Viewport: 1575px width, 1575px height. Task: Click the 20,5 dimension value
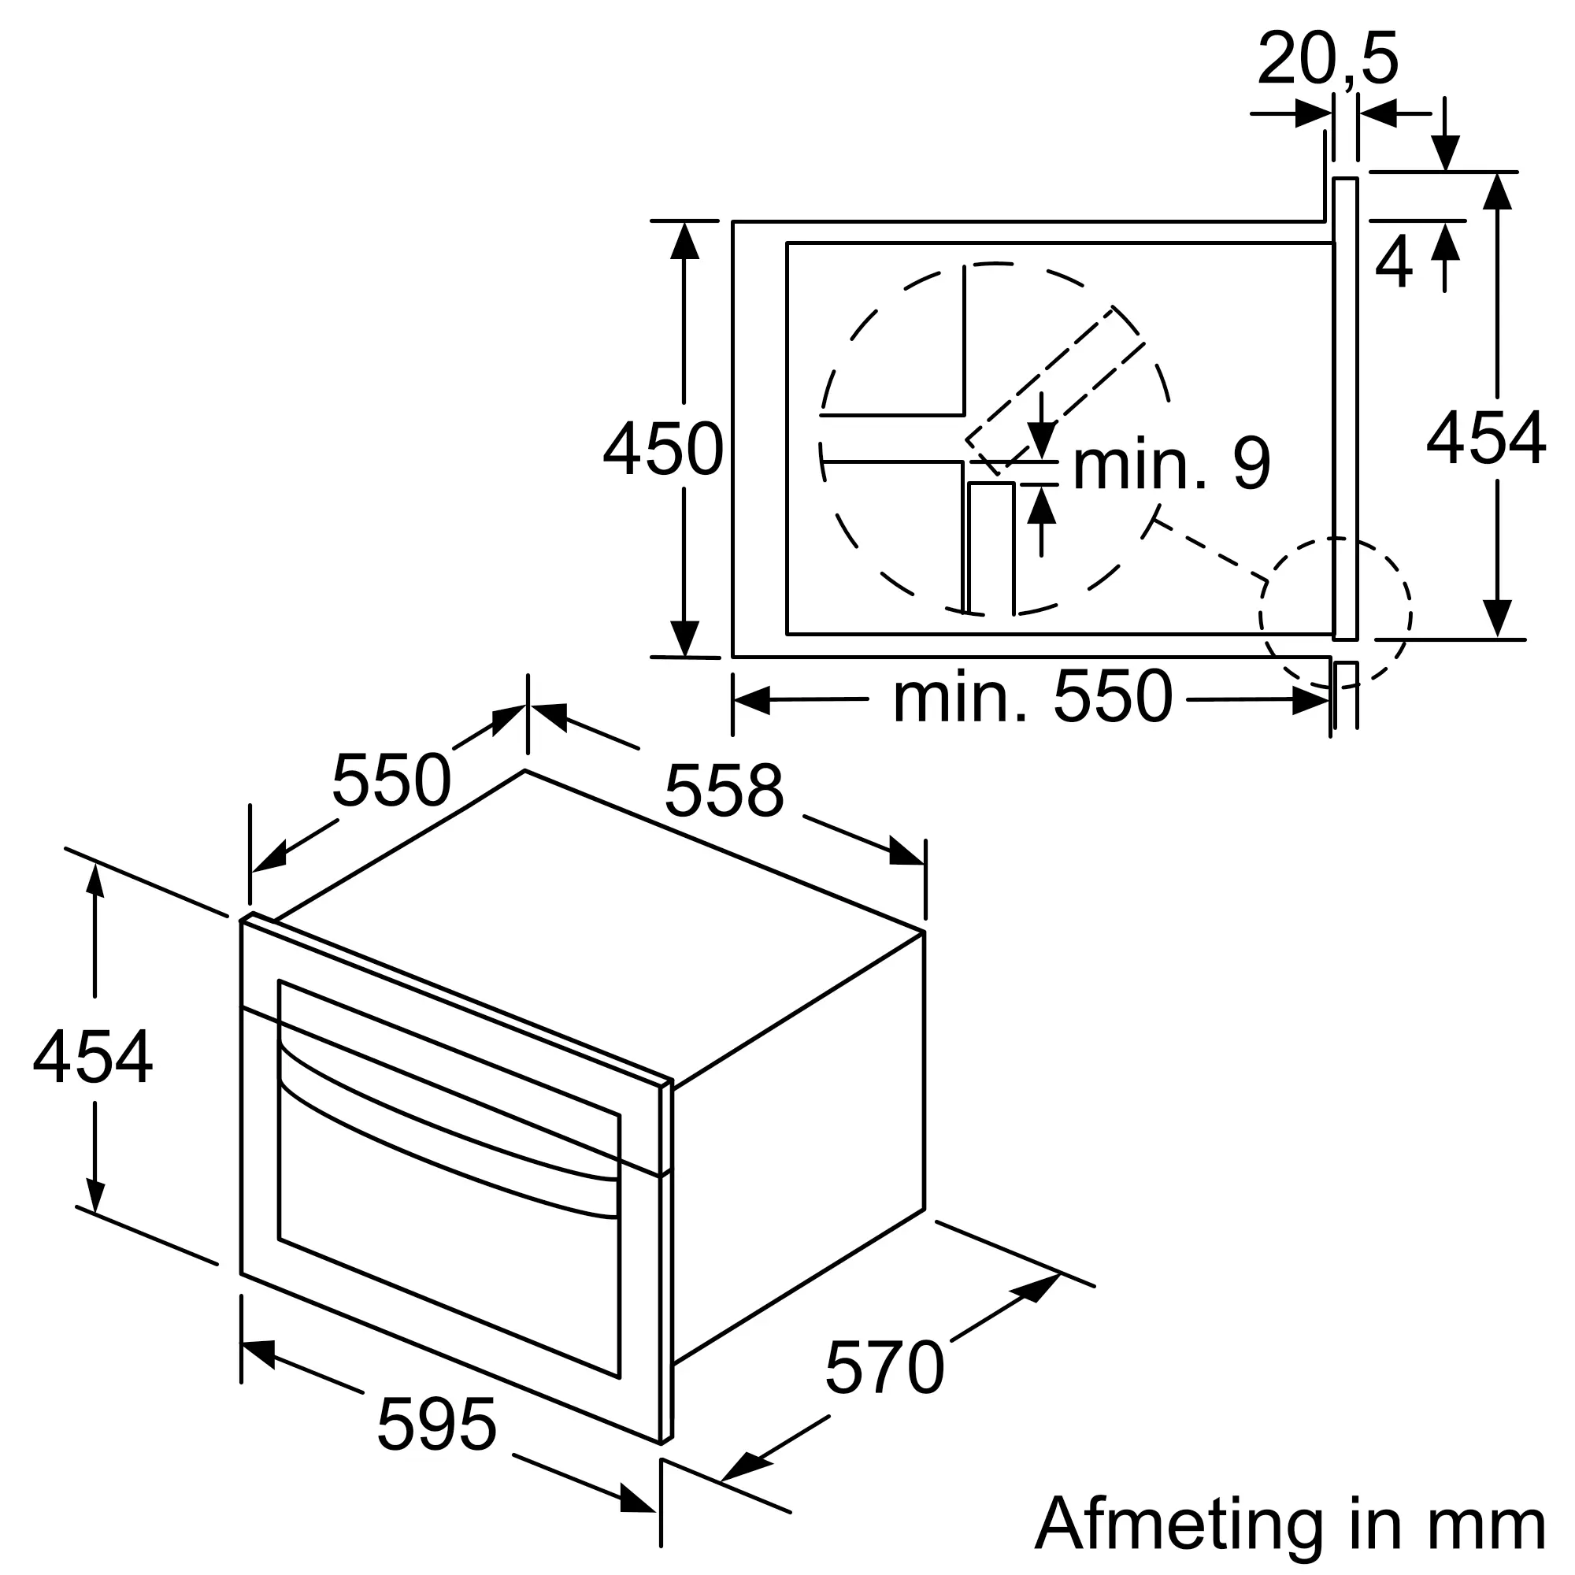click(x=1327, y=59)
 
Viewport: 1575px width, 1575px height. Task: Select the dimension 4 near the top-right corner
click(x=1393, y=262)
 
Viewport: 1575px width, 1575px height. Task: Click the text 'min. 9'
click(x=1171, y=465)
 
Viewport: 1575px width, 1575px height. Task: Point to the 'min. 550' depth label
click(x=1032, y=697)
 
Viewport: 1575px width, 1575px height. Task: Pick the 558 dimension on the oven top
click(x=724, y=790)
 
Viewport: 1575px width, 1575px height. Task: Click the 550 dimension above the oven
click(x=391, y=780)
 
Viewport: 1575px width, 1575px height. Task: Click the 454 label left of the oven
click(x=92, y=1058)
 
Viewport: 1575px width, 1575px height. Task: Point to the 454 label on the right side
click(x=1485, y=439)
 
